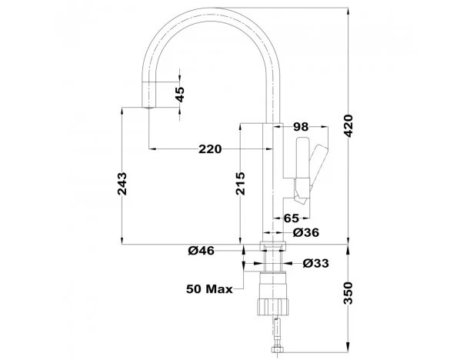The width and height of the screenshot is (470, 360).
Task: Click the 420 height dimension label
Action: coord(348,125)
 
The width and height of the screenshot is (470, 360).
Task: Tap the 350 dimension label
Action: coord(348,293)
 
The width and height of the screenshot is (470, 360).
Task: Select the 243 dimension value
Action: coord(122,184)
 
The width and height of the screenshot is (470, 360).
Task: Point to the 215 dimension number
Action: coord(240,184)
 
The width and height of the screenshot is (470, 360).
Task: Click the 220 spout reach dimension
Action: coord(210,149)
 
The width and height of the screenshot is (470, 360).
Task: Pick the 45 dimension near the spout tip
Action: coord(180,95)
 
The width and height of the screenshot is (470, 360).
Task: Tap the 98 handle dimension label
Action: coord(301,127)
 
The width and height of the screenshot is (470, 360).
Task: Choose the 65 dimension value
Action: coord(292,218)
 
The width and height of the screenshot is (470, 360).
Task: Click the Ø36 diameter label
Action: coord(306,232)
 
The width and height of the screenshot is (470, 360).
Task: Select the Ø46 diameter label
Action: coord(202,251)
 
